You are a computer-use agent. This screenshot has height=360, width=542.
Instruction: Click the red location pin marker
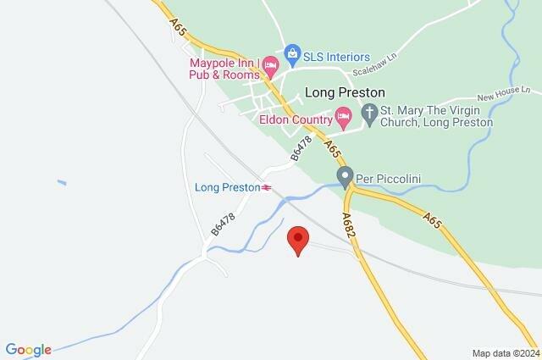click(x=297, y=241)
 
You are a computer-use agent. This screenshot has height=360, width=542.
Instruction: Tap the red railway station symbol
click(x=266, y=187)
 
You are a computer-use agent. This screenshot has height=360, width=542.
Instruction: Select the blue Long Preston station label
click(x=226, y=187)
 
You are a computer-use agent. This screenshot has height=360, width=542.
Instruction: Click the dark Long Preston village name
click(x=345, y=92)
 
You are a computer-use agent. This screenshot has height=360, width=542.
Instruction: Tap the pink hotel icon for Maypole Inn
click(x=270, y=64)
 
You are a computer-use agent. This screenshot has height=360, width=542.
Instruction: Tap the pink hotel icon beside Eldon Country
click(x=343, y=116)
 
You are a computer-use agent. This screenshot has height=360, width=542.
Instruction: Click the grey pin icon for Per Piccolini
click(x=345, y=177)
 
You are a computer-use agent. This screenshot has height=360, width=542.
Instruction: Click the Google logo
click(x=29, y=349)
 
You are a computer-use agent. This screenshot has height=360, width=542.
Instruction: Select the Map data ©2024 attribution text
click(x=505, y=352)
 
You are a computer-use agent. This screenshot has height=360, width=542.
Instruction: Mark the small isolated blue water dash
click(x=62, y=181)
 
